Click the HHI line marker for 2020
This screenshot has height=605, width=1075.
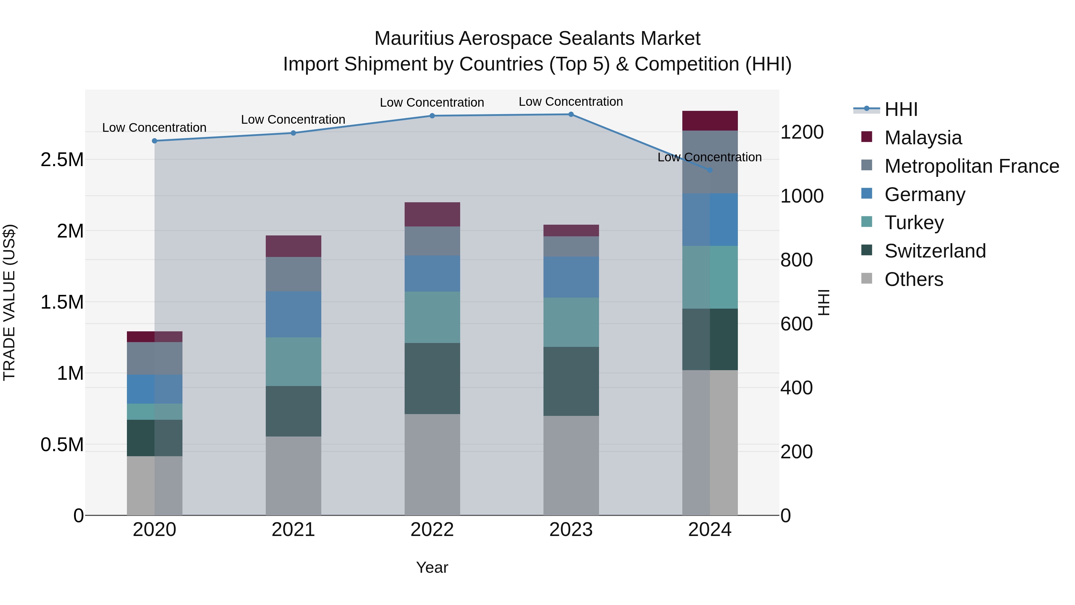154,141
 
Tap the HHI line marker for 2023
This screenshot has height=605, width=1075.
571,114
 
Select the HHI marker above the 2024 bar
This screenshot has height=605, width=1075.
710,170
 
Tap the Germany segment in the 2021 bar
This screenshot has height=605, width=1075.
293,314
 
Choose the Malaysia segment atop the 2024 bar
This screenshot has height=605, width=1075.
710,121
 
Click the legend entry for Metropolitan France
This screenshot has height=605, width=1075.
971,166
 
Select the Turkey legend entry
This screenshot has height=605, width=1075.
914,223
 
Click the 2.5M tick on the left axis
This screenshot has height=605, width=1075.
62,160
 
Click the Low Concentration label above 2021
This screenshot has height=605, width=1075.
293,120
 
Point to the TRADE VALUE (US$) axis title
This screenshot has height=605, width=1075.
9,302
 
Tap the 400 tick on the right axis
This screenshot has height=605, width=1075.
796,388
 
